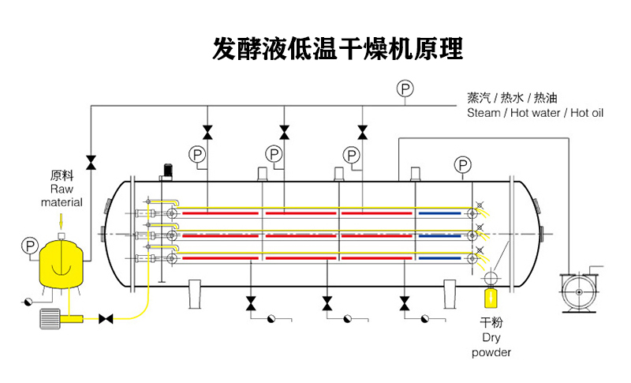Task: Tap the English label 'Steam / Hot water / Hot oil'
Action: pos(535,113)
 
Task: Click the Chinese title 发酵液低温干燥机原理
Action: pos(338,49)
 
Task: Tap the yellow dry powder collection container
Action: pos(491,299)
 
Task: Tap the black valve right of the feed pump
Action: pos(105,319)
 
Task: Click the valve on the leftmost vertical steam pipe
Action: pos(91,162)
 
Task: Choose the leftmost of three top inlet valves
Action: pos(207,131)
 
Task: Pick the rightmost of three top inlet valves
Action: pos(362,131)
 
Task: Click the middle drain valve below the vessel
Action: pos(327,302)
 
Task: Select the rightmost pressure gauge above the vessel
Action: pos(463,164)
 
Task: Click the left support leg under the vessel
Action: pos(196,295)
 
